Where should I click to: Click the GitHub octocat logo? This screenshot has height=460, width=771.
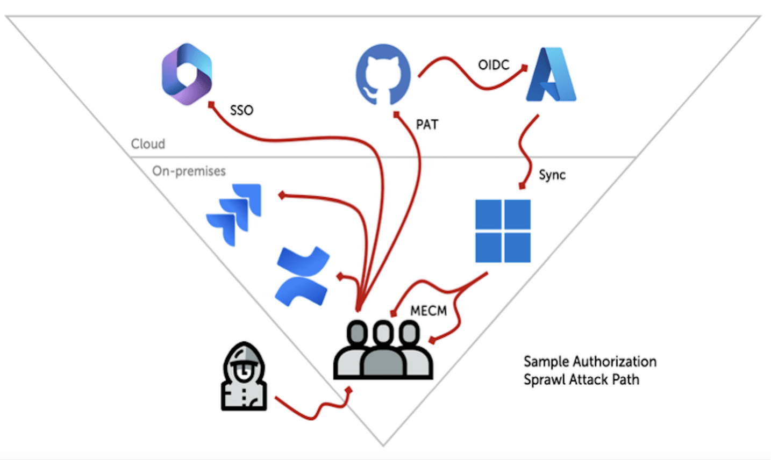click(x=383, y=74)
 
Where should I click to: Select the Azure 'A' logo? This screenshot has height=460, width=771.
click(x=551, y=75)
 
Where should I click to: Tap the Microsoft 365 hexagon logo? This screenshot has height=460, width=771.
click(x=187, y=74)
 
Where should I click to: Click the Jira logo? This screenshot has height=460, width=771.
click(x=234, y=214)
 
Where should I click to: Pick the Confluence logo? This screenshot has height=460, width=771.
click(x=302, y=276)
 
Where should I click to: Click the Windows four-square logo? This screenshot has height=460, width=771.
click(x=503, y=231)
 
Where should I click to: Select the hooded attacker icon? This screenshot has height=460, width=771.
click(x=244, y=377)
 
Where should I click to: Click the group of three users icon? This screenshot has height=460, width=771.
click(x=383, y=350)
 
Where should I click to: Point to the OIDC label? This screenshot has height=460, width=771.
click(x=493, y=65)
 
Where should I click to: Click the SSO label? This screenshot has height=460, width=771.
click(x=241, y=110)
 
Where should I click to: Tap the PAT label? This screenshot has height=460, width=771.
click(x=427, y=125)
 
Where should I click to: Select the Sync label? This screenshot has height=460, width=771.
click(x=552, y=175)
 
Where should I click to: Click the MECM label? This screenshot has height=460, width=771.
click(x=429, y=311)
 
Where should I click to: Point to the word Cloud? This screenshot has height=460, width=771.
click(x=148, y=144)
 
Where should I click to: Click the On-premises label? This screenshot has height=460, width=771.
click(x=189, y=171)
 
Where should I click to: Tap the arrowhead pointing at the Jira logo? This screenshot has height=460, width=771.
click(x=282, y=195)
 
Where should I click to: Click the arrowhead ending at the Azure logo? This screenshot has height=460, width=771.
click(x=524, y=68)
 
